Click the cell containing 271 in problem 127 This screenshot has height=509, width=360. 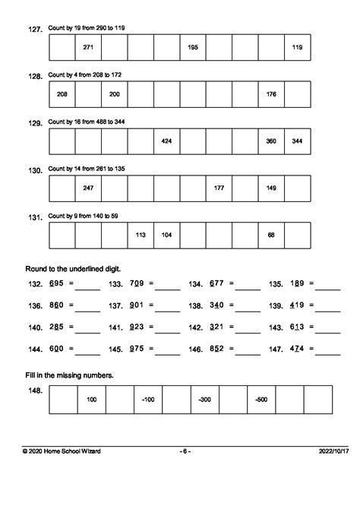tap(87, 47)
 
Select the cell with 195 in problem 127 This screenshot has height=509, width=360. tap(193, 47)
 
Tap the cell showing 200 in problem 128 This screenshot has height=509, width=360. tap(114, 94)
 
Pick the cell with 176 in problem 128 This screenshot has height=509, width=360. tap(271, 94)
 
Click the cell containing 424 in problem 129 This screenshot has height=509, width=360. tap(166, 141)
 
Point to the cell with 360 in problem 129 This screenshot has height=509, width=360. tap(271, 141)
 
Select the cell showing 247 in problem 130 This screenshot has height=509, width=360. tap(87, 188)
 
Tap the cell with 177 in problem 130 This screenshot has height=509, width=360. tap(219, 188)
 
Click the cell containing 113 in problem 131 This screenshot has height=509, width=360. tap(141, 235)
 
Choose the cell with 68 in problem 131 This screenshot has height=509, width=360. tap(271, 235)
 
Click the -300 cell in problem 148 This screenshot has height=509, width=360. tap(204, 399)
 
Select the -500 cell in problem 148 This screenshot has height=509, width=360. tap(261, 399)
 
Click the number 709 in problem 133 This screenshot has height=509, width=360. tap(136, 283)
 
